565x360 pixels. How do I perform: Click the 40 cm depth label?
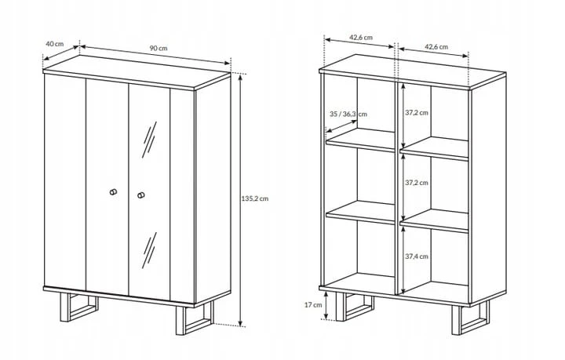pos(54,44)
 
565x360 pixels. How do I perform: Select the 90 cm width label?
pos(159,48)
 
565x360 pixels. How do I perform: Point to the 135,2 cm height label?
pos(255,198)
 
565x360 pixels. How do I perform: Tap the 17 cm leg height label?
pos(313,305)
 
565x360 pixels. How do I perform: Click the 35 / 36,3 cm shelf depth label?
pos(348,115)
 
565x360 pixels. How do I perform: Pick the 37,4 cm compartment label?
pos(417,256)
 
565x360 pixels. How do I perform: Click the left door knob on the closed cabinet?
pos(113,192)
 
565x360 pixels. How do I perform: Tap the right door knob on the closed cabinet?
pos(141,195)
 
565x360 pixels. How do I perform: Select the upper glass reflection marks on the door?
pos(149,140)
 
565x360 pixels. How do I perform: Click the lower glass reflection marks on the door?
pos(149,250)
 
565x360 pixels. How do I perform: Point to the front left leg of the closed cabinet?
pos(78,307)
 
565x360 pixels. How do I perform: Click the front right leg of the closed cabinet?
pos(195,318)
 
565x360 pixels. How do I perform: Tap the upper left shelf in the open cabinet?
pos(361,140)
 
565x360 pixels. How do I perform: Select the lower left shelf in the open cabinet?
pos(361,213)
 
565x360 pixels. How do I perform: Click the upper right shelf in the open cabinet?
pos(434,148)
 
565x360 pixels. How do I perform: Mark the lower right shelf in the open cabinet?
pos(434,220)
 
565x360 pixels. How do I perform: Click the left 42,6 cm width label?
pos(361,38)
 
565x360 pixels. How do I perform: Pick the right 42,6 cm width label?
pos(436,47)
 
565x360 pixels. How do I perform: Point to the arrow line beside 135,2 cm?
pos(241,200)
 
